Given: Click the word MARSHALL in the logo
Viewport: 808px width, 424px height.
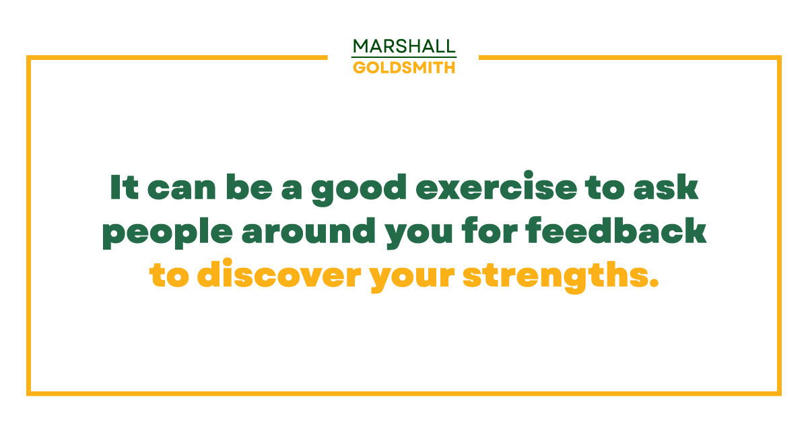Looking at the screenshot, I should pos(404,46).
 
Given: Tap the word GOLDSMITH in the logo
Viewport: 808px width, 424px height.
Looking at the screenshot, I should pos(404,67).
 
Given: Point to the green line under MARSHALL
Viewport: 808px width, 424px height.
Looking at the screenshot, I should pos(404,57).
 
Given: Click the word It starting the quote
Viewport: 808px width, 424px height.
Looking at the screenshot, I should pos(124,188).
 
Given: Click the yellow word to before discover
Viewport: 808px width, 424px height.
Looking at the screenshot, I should pos(169,277).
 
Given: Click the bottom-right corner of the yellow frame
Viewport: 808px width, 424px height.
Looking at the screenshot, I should pos(779,393).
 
